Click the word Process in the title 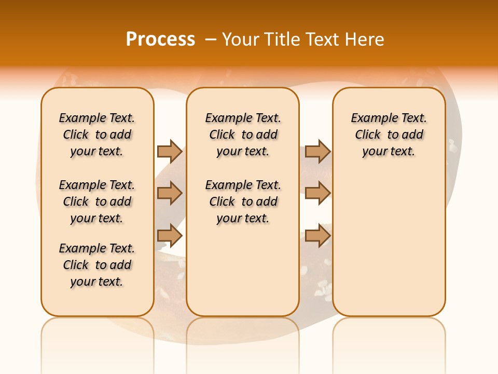coord(160,39)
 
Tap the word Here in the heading coord(365,39)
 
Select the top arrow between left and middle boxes coord(170,151)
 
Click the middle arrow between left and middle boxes coord(170,193)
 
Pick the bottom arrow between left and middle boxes coord(170,236)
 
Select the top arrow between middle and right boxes coord(317,151)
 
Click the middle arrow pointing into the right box coord(317,193)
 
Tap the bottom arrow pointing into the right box coord(317,236)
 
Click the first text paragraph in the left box coord(97,135)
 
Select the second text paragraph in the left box coord(97,202)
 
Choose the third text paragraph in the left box coord(97,265)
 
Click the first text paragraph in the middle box coord(243,135)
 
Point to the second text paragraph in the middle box coord(243,202)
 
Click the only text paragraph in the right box coord(389,135)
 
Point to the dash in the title coord(211,39)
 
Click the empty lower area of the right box coord(389,249)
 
